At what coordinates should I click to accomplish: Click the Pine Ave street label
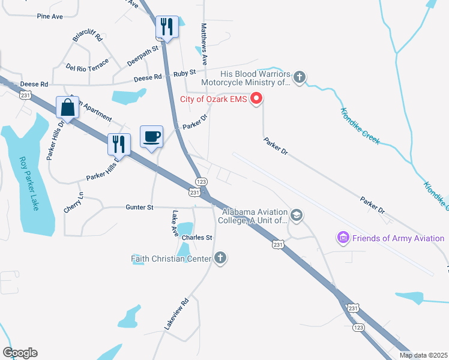coord(49,16)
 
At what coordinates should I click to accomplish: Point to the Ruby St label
coord(184,73)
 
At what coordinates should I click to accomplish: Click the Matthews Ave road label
coord(204,44)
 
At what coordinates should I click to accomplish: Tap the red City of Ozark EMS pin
coord(257,98)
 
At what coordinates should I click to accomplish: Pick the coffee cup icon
coord(151,136)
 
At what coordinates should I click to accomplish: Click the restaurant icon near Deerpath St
coord(167,26)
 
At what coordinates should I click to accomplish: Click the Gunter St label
coord(140,207)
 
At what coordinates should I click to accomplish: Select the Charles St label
coord(197,238)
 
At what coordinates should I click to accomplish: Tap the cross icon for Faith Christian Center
coord(220,258)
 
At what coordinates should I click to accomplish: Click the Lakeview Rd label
coord(176,313)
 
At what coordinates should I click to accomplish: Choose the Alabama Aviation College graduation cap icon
coord(296,215)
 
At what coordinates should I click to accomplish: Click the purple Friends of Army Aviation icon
coord(343,238)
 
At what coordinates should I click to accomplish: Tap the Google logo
coord(20,353)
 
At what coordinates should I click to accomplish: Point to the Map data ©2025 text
coord(422,355)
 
